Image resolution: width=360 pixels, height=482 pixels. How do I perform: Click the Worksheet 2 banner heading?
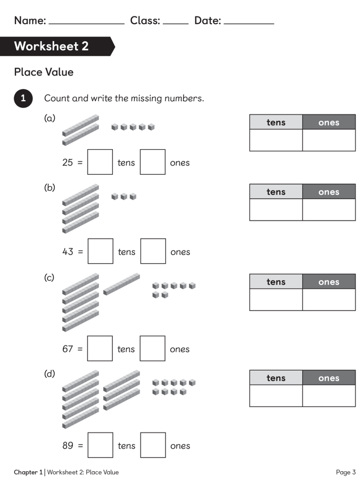(x=51, y=46)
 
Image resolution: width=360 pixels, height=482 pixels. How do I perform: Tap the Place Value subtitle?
(x=44, y=72)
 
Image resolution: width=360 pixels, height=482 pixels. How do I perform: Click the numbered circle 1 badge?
(x=23, y=98)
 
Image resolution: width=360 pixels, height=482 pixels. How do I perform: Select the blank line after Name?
(x=86, y=22)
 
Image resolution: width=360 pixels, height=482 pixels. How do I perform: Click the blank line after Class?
(x=176, y=22)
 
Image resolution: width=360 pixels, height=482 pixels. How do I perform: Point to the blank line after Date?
(x=249, y=22)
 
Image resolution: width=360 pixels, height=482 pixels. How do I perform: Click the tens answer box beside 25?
(x=100, y=162)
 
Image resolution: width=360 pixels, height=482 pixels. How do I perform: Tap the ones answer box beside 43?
(x=153, y=251)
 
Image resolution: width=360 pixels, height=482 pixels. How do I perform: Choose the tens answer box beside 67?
(x=100, y=348)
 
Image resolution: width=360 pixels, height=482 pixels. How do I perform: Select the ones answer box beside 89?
(x=153, y=445)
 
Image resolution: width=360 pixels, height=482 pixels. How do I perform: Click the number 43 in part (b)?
(x=67, y=251)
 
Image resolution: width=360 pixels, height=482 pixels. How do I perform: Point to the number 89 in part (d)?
(x=67, y=445)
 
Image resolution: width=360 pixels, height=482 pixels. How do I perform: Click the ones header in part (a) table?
(x=329, y=122)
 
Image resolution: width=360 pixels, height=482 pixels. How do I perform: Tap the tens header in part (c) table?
(x=276, y=282)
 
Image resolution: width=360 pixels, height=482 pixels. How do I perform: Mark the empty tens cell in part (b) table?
(x=276, y=210)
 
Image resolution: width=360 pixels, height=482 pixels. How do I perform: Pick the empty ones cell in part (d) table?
(x=329, y=395)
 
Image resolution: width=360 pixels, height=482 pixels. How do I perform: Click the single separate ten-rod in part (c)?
(x=122, y=284)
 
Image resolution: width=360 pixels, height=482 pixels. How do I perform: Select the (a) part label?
(x=50, y=118)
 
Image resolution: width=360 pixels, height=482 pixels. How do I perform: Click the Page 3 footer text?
(x=345, y=472)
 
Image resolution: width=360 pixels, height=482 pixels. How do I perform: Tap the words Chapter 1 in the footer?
(x=28, y=472)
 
